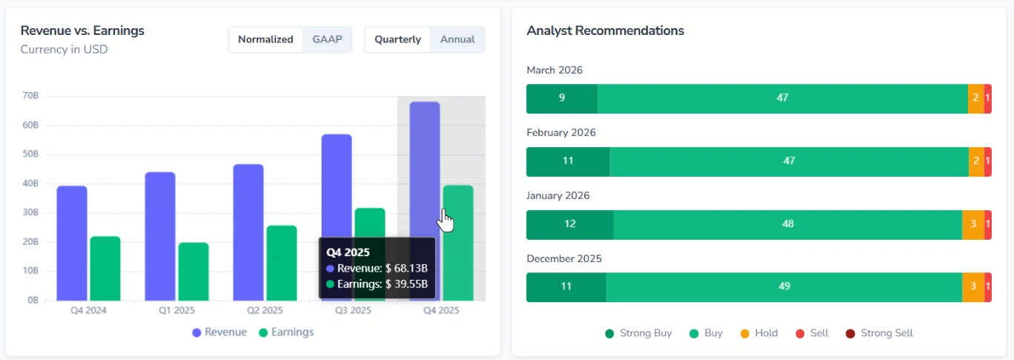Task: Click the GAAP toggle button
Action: click(x=327, y=39)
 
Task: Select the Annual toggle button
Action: click(x=457, y=39)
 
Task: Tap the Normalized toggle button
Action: click(x=266, y=39)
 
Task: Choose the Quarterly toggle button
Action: click(x=397, y=39)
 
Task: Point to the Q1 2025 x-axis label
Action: click(x=177, y=310)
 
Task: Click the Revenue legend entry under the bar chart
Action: click(x=219, y=333)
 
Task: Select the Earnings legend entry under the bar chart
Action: click(x=286, y=333)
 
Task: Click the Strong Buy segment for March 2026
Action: click(x=562, y=98)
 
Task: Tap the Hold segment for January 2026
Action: click(x=972, y=224)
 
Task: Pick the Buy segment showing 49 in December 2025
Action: click(x=784, y=287)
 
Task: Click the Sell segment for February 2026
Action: click(x=988, y=161)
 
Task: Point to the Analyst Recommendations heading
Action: click(x=605, y=30)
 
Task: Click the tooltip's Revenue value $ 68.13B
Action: click(x=406, y=269)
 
